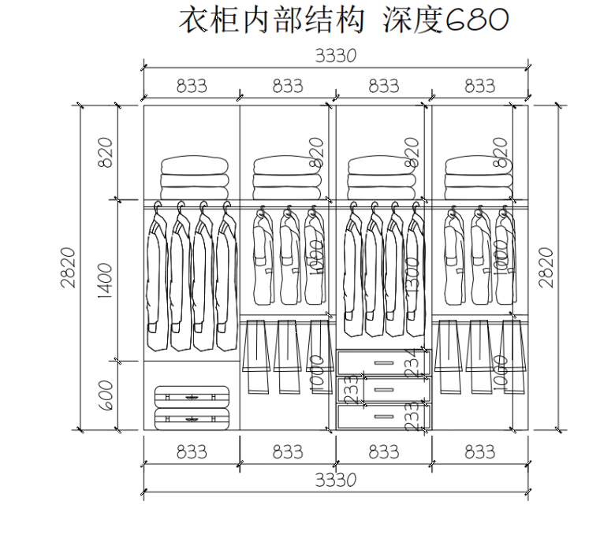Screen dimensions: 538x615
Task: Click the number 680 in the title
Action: point(478,21)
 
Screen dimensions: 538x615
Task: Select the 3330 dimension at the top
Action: point(336,58)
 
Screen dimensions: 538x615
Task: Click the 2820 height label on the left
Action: point(69,267)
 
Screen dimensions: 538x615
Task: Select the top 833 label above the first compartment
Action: point(191,86)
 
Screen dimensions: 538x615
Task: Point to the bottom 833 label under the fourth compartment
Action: point(479,452)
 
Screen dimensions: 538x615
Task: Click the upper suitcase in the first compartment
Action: point(192,396)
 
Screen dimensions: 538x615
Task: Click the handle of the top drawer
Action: point(384,362)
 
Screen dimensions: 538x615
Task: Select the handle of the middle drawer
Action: point(384,388)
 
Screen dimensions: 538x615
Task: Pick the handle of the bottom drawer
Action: point(384,415)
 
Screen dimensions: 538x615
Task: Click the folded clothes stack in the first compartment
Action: point(195,179)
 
